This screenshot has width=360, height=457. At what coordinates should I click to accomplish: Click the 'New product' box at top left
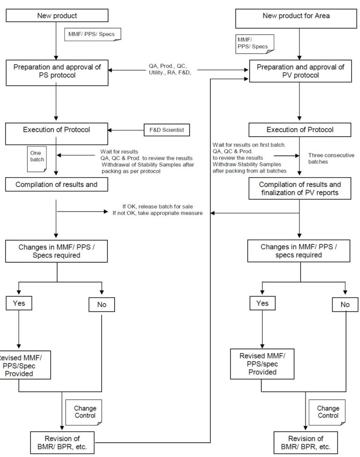[x=57, y=16]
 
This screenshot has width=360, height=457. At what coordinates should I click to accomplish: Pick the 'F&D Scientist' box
[x=166, y=129]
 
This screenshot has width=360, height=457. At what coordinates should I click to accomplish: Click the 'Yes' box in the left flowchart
[x=19, y=303]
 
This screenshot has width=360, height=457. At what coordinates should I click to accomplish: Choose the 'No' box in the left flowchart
[x=102, y=305]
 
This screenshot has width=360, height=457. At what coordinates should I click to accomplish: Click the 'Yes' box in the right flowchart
[x=263, y=303]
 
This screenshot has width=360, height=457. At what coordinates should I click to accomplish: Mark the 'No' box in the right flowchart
[x=345, y=305]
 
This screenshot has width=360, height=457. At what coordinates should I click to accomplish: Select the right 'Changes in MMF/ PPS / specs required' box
[x=297, y=251]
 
